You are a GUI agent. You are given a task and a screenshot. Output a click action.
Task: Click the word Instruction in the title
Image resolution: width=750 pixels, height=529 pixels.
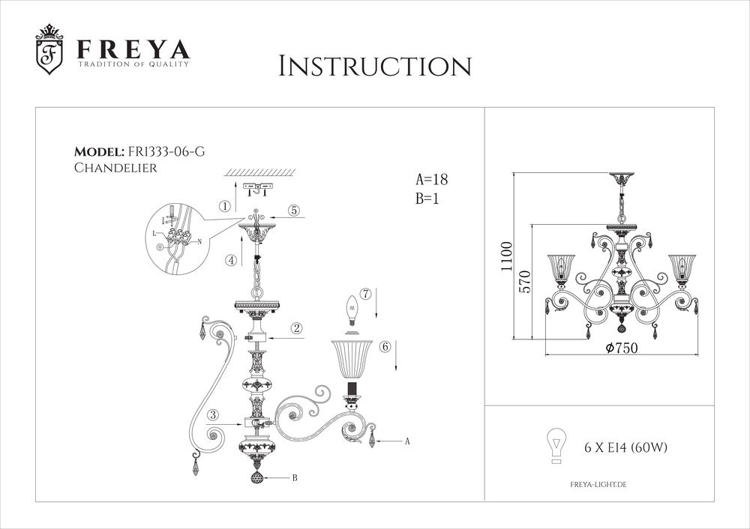pyautogui.click(x=374, y=66)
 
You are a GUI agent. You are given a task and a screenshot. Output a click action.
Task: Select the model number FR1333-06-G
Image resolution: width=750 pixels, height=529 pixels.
pyautogui.click(x=166, y=151)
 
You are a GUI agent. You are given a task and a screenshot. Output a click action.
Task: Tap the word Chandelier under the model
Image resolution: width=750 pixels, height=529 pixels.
pyautogui.click(x=115, y=169)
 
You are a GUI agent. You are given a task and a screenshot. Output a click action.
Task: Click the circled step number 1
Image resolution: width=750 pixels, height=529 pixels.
pyautogui.click(x=224, y=205)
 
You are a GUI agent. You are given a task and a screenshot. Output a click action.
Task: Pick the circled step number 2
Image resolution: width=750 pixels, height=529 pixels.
pyautogui.click(x=297, y=328)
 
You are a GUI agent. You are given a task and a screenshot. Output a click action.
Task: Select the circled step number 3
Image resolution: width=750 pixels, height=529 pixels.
pyautogui.click(x=214, y=414)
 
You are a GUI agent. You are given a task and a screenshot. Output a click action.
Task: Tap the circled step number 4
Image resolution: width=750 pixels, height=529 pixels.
pyautogui.click(x=232, y=261)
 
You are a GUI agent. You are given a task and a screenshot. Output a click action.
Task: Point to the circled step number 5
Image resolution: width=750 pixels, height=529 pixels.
pyautogui.click(x=295, y=211)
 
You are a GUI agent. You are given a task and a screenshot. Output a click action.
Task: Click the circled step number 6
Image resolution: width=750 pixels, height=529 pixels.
pyautogui.click(x=385, y=347)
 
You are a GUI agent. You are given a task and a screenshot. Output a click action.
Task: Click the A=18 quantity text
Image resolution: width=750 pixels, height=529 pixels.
pyautogui.click(x=431, y=180)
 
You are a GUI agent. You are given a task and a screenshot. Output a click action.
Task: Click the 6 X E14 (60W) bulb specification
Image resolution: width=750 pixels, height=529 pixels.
pyautogui.click(x=625, y=448)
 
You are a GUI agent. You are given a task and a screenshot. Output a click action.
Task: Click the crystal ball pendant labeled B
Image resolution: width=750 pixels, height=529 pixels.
pyautogui.click(x=256, y=477)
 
